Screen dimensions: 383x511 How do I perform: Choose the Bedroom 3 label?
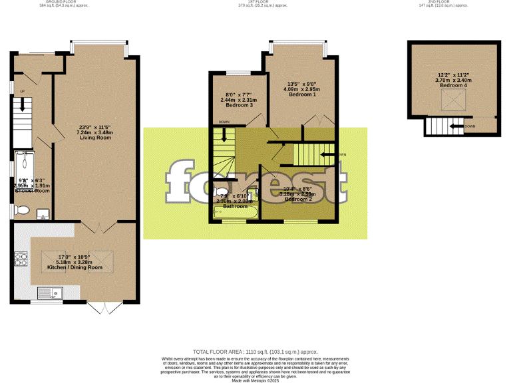pos(239,106)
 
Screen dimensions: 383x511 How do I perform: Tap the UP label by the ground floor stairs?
pos(22,91)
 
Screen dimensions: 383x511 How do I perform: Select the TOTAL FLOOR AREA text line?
pos(255,351)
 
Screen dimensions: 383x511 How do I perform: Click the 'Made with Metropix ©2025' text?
pos(255,380)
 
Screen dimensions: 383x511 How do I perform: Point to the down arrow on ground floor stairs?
pos(22,105)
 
